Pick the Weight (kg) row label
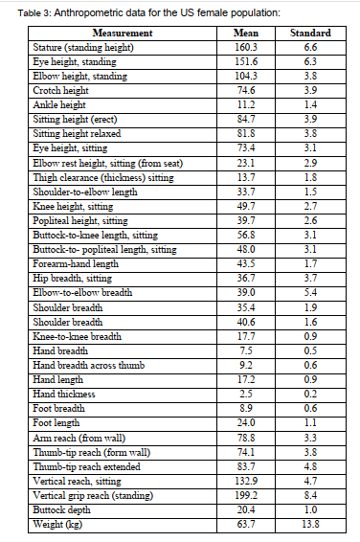tap(56, 524)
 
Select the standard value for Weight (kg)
tap(309, 524)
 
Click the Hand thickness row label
tap(65, 394)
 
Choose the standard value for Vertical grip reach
tap(309, 496)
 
